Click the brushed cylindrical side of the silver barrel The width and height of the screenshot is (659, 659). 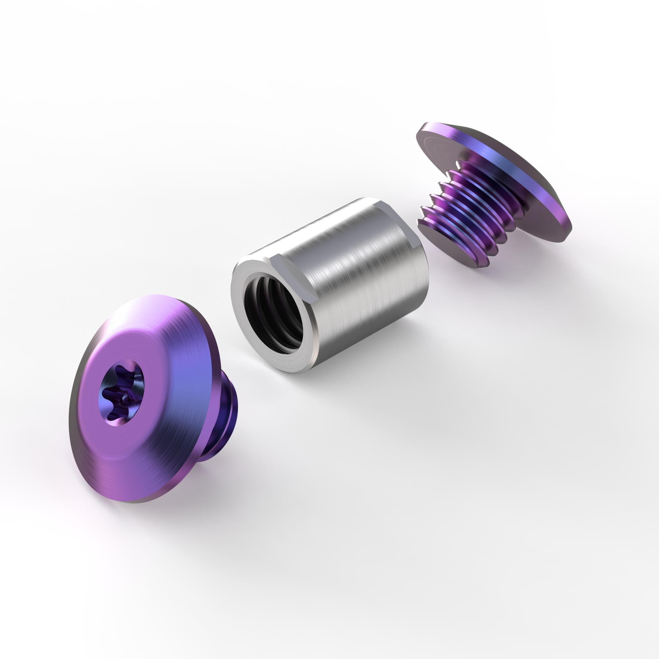[358, 273]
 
